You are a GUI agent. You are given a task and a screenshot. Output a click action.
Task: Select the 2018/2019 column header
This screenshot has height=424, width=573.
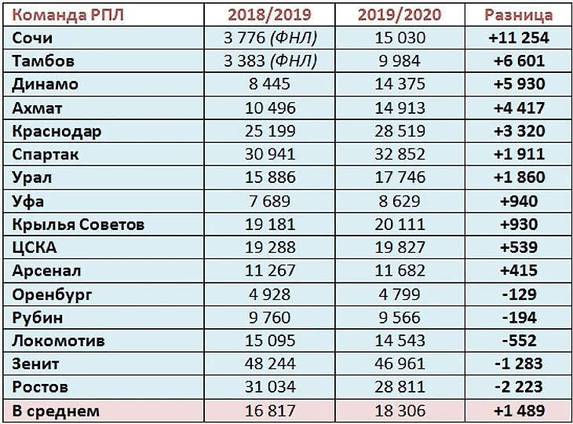(269, 14)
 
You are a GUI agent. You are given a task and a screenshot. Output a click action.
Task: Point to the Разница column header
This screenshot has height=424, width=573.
(519, 14)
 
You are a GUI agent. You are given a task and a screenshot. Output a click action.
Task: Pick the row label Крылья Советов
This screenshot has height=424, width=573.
(78, 225)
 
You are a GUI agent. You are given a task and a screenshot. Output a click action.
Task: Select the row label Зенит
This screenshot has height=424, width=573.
(36, 364)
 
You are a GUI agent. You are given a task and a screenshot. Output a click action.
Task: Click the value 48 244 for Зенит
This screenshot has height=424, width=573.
(269, 364)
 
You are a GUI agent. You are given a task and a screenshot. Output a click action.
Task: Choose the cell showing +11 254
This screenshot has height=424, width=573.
(519, 38)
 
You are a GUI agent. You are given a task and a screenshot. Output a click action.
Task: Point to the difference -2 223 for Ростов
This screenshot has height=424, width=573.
(519, 387)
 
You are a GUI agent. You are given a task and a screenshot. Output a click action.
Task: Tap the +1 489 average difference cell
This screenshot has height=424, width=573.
(519, 411)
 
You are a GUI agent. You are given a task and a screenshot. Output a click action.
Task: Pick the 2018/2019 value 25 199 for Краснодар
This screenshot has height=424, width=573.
(269, 131)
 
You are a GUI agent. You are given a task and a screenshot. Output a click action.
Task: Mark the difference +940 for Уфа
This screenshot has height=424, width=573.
(519, 201)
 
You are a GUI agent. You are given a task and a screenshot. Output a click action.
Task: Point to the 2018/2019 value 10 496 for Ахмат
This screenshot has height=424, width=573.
(269, 108)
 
